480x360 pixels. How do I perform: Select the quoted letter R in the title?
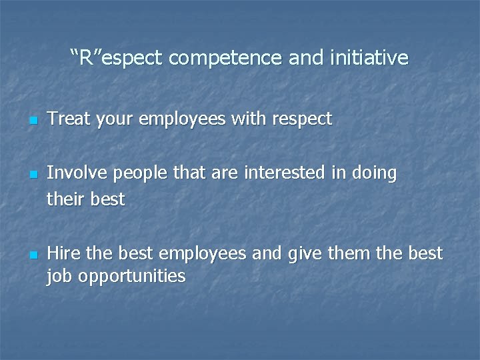[x=87, y=58]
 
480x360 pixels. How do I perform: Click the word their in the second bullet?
[x=65, y=199]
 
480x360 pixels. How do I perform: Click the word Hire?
[x=64, y=254]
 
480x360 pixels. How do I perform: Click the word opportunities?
[x=132, y=277]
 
